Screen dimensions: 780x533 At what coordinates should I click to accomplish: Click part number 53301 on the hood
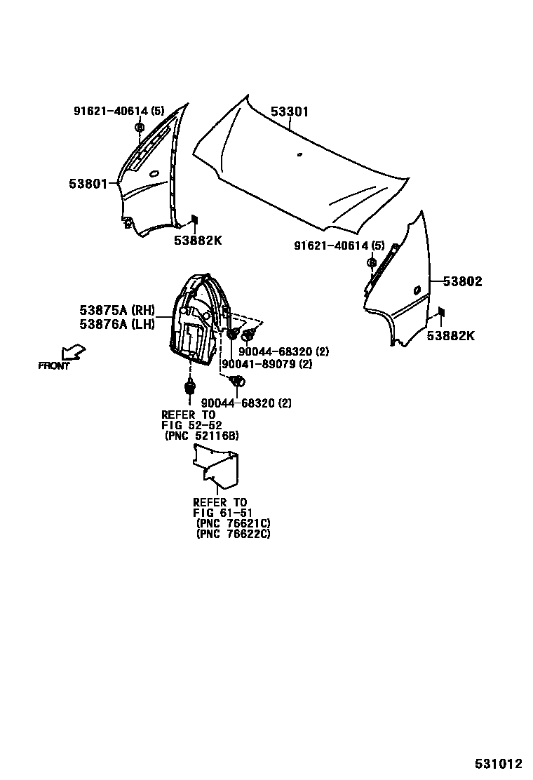(x=290, y=112)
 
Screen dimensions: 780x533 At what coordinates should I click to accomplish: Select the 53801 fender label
(x=88, y=184)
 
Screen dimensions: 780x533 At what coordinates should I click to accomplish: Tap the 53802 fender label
(x=462, y=282)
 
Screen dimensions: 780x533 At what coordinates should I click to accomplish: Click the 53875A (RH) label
(x=116, y=310)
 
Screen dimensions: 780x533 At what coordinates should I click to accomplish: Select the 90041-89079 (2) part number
(x=266, y=365)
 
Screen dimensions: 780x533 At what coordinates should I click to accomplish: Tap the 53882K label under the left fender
(x=198, y=241)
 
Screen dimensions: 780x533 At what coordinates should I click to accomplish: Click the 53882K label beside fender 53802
(x=450, y=336)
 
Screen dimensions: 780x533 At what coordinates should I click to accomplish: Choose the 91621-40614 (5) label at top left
(x=119, y=111)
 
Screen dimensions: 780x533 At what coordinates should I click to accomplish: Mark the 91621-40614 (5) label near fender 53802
(x=339, y=246)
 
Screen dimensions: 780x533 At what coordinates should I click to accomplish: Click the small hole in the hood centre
(x=299, y=154)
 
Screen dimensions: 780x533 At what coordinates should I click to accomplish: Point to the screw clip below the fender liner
(x=189, y=387)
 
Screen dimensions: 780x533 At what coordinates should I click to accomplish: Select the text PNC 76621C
(x=234, y=523)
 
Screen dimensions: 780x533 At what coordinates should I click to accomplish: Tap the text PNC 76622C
(x=234, y=534)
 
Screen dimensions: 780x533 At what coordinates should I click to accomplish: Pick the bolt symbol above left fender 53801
(x=139, y=128)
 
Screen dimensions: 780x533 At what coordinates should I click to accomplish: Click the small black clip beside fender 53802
(x=440, y=312)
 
